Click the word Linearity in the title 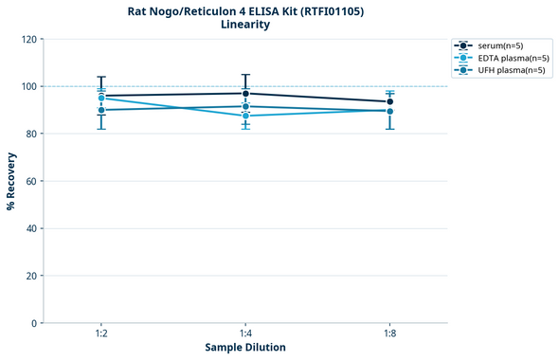click(244, 25)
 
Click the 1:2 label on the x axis click(100, 333)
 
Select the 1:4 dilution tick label click(245, 333)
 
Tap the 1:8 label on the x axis click(389, 333)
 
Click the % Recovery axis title click(11, 181)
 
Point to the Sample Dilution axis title click(245, 348)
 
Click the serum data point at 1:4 click(245, 94)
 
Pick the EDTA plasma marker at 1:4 click(245, 116)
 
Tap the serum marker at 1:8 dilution click(389, 101)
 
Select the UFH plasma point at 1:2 click(101, 110)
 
